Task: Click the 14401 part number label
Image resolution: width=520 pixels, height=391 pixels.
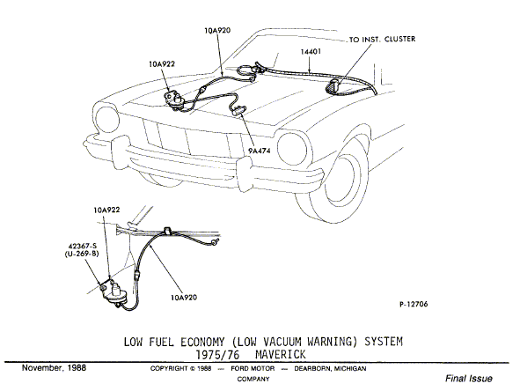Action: point(311,51)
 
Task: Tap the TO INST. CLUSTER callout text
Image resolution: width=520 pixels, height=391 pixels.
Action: point(382,39)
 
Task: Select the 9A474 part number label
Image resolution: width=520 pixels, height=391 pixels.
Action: point(260,151)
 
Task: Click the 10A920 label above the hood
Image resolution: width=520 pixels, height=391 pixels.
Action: point(217,31)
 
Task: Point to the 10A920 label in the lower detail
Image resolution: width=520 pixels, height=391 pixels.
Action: point(184,298)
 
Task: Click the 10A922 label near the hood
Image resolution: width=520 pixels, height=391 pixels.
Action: point(162,64)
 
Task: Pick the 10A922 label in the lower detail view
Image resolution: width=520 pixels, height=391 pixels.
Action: point(106,210)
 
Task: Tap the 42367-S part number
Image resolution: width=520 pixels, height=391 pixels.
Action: point(82,246)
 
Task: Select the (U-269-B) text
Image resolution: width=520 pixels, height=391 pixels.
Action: point(82,254)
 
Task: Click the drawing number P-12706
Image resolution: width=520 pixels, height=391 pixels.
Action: point(414,304)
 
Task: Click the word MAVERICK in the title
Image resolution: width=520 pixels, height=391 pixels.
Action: point(280,355)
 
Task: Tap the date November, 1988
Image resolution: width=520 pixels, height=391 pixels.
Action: point(54,368)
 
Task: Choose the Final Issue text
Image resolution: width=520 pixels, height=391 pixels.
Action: point(469,379)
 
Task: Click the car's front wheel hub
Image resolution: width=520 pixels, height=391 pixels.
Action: point(343,181)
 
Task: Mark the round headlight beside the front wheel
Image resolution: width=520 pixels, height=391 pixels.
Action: point(292,148)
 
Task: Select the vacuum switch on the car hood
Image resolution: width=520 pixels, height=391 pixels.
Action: point(174,100)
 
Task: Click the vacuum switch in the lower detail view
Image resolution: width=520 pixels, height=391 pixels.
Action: point(114,291)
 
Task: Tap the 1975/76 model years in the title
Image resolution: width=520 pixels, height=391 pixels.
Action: point(217,355)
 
